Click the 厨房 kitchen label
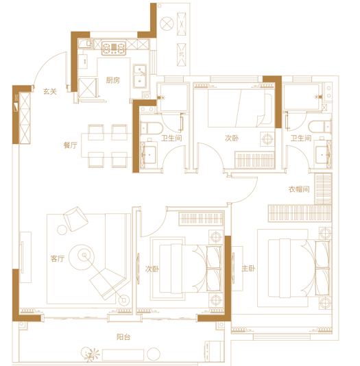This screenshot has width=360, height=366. pyautogui.click(x=112, y=80)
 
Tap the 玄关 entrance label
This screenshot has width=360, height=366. pyautogui.click(x=50, y=91)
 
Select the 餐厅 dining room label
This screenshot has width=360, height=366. pyautogui.click(x=70, y=145)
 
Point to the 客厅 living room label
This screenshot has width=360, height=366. pyautogui.click(x=58, y=258)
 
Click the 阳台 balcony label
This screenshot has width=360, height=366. pyautogui.click(x=123, y=337)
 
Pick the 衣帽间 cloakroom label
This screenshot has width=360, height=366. pyautogui.click(x=299, y=189)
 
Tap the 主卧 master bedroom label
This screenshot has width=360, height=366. pyautogui.click(x=248, y=269)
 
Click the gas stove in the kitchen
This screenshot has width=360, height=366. pyautogui.click(x=114, y=48)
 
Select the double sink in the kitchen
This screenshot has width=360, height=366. pyautogui.click(x=140, y=76)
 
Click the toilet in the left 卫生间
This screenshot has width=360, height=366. pyautogui.click(x=152, y=128)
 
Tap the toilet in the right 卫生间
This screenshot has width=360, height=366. pyautogui.click(x=320, y=127)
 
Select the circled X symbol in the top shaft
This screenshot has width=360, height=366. pyautogui.click(x=167, y=23)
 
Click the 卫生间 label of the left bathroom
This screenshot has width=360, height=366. pyautogui.click(x=171, y=138)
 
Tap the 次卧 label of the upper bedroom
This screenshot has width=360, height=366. pyautogui.click(x=232, y=138)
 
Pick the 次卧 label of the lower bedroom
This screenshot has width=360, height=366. pyautogui.click(x=152, y=269)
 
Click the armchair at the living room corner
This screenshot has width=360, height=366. pyautogui.click(x=76, y=219)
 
